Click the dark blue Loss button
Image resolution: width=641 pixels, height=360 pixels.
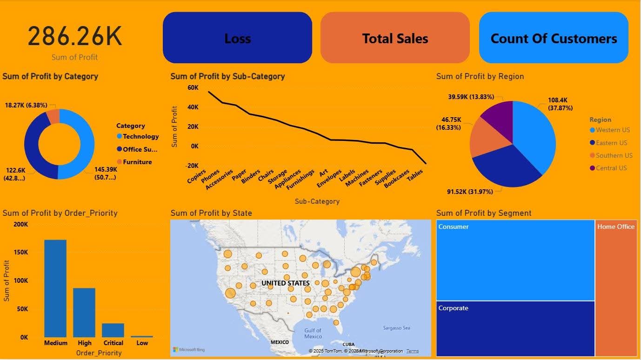(237, 38)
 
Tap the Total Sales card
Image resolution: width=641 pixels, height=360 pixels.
(395, 38)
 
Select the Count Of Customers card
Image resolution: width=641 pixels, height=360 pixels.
(554, 38)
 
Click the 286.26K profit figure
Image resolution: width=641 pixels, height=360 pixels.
(75, 37)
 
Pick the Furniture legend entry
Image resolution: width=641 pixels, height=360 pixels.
(137, 162)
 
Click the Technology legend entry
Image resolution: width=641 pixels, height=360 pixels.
(140, 136)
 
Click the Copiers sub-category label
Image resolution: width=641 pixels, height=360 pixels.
(196, 176)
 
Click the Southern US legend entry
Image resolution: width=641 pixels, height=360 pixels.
(614, 155)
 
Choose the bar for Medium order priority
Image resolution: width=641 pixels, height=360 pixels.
(55, 288)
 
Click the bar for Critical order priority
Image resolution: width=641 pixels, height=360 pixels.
(113, 330)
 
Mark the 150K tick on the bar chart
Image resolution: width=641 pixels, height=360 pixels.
(20, 253)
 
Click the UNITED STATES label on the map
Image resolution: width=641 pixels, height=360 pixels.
(285, 283)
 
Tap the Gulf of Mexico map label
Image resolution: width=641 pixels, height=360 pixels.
(313, 333)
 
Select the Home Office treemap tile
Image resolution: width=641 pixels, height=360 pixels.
(616, 288)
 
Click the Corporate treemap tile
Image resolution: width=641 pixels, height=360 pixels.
(515, 328)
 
